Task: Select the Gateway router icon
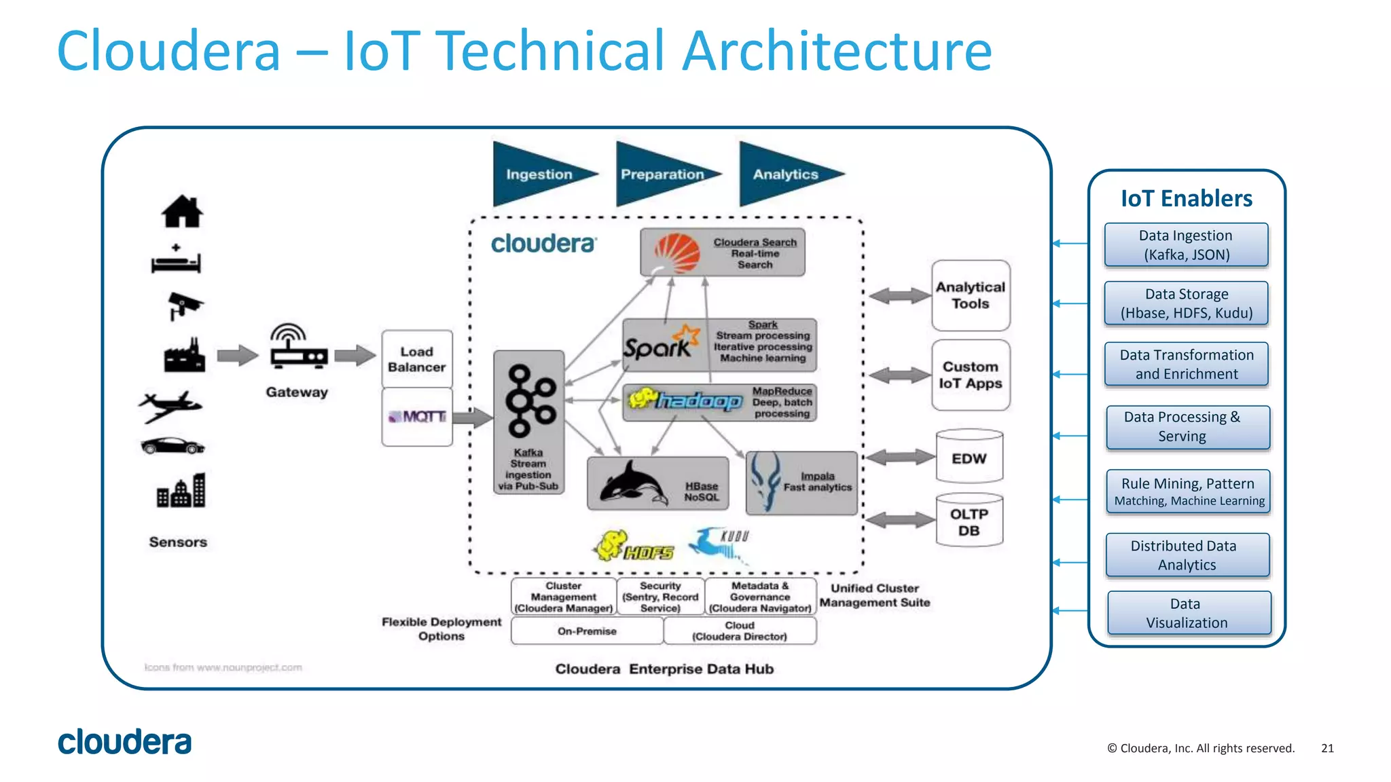point(297,348)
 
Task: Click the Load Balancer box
point(416,359)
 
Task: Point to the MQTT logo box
point(416,417)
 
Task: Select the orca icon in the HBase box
point(632,484)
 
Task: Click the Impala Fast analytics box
point(801,483)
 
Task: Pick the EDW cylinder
point(969,457)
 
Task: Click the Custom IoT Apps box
point(970,375)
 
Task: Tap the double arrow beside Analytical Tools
point(899,295)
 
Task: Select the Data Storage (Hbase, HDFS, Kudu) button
point(1186,303)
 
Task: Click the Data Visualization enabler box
point(1189,613)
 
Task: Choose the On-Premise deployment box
point(587,631)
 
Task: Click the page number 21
point(1327,748)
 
